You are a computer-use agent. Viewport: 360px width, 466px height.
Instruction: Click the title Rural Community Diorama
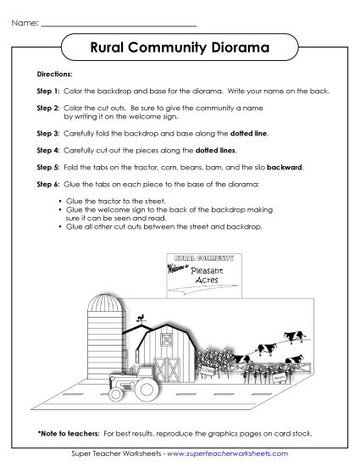179,48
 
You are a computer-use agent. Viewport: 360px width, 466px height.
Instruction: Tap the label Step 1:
48,90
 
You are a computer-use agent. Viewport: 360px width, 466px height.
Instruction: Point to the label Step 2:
48,108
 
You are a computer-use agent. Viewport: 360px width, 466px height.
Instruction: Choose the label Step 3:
48,133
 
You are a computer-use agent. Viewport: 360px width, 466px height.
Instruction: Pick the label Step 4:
48,150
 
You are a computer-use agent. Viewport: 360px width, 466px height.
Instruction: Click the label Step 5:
48,167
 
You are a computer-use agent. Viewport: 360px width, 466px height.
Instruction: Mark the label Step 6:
48,184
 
